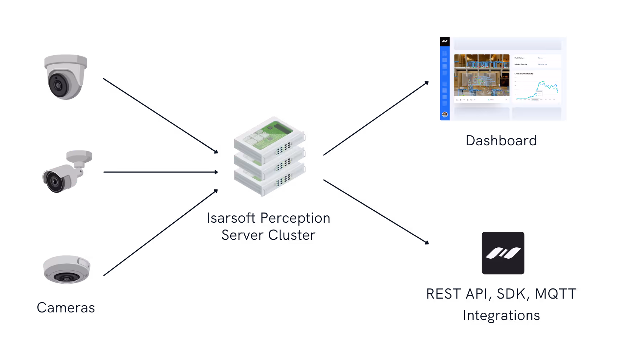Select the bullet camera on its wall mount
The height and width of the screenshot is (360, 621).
(67, 171)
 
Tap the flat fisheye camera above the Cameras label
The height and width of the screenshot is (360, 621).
(66, 269)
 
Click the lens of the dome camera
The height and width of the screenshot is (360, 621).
(57, 85)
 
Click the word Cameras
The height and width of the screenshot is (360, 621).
(66, 308)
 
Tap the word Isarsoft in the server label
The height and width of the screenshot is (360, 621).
(231, 218)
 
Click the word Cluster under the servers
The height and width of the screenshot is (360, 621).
(294, 235)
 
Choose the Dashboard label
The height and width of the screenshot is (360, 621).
(501, 141)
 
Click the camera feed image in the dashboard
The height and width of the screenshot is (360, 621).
(482, 75)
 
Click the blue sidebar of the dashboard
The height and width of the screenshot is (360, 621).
(445, 80)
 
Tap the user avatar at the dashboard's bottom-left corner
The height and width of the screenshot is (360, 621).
(445, 114)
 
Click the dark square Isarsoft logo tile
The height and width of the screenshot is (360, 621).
(503, 253)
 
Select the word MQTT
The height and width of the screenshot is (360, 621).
(556, 294)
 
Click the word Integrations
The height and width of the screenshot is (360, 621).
(501, 315)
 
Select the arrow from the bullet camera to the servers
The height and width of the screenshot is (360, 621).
(160, 172)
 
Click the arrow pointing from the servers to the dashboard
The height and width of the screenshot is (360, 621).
(376, 118)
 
